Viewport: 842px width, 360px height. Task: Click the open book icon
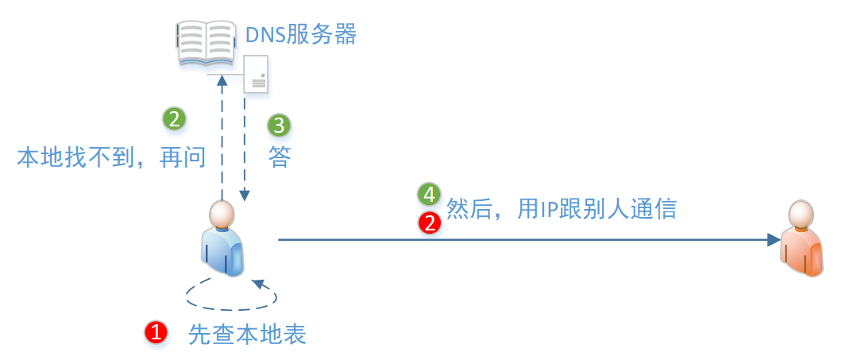(x=206, y=44)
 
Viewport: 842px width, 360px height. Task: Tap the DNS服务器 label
(x=301, y=35)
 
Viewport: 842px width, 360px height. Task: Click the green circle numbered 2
(x=174, y=118)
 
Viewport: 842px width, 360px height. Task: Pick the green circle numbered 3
(x=279, y=125)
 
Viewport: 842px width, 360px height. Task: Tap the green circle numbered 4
(x=429, y=195)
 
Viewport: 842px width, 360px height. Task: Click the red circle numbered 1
(x=156, y=333)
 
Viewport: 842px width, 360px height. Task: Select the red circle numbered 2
(x=430, y=223)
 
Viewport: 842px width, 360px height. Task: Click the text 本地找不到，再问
(x=111, y=157)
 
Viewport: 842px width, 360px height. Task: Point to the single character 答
(x=280, y=157)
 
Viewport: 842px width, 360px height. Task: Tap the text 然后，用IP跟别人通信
(x=562, y=208)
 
